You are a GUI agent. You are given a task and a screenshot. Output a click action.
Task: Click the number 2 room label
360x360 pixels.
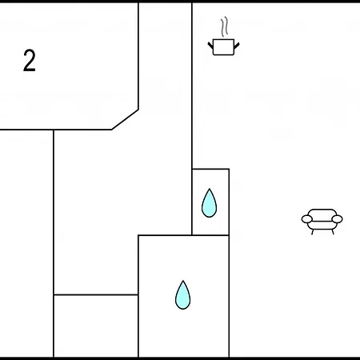(x=30, y=60)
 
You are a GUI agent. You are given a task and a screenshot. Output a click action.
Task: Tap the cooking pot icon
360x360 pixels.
(x=223, y=47)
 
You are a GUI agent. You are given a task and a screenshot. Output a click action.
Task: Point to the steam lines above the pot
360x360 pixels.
(x=225, y=26)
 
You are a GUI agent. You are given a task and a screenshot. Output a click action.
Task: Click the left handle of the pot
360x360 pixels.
(x=210, y=45)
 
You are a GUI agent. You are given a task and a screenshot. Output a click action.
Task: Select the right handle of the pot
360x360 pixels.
(x=237, y=46)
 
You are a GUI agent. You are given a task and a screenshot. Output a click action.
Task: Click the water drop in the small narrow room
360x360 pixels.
(x=210, y=203)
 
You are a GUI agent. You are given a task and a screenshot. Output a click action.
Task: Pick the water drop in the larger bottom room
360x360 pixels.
(x=183, y=295)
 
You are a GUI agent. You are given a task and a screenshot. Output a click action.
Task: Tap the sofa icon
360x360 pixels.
(x=322, y=222)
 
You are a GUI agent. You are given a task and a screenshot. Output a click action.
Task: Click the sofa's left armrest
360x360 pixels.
(x=307, y=219)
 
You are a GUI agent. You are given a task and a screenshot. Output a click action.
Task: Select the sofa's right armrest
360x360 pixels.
(x=337, y=219)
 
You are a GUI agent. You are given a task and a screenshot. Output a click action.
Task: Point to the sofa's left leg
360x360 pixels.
(x=312, y=232)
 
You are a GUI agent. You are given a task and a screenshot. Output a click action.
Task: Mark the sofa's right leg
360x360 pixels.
(x=333, y=232)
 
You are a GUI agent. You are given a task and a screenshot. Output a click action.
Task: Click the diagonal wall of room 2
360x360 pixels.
(x=125, y=119)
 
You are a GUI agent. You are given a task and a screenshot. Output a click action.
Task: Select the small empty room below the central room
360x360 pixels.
(x=96, y=326)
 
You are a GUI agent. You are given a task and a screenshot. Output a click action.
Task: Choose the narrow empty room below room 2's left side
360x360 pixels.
(x=26, y=243)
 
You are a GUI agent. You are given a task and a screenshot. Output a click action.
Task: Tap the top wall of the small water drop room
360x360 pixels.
(x=210, y=169)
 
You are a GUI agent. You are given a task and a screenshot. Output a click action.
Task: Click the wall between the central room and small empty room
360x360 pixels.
(x=96, y=294)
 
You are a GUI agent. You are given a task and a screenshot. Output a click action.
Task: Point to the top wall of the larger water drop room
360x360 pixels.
(x=183, y=235)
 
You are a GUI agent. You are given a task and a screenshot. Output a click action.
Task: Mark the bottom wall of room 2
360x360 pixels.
(x=56, y=130)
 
